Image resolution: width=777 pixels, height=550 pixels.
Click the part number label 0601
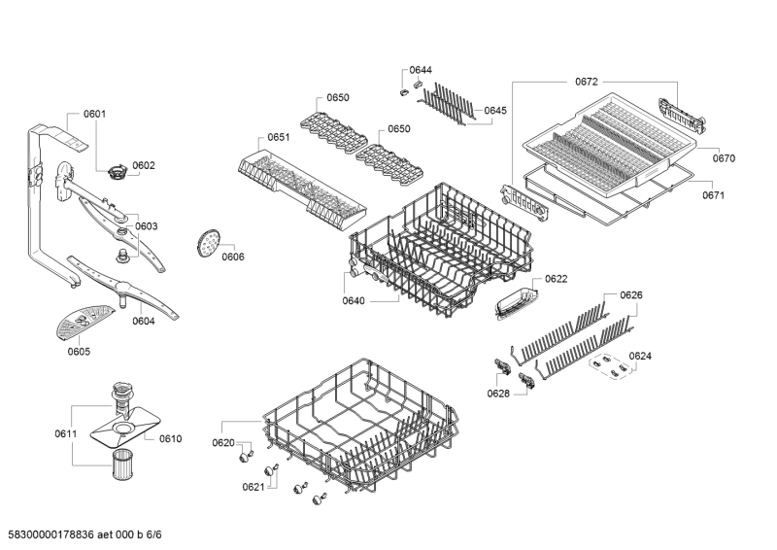click(x=94, y=115)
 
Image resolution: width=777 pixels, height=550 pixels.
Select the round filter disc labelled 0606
click(x=207, y=242)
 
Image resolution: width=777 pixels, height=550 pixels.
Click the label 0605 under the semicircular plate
click(x=79, y=351)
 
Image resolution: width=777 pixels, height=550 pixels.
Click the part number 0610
click(x=170, y=438)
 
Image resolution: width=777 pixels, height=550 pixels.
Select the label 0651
click(x=278, y=138)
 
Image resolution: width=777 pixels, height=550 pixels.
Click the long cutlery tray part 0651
click(x=301, y=185)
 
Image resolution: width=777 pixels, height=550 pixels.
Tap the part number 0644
click(x=421, y=71)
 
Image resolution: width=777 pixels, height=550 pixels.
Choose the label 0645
click(x=494, y=111)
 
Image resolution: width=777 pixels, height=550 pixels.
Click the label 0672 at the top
click(x=587, y=83)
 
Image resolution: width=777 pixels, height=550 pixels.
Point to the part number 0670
click(x=724, y=157)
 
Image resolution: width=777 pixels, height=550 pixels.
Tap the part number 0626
click(x=630, y=294)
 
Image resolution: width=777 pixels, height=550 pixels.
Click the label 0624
click(x=640, y=356)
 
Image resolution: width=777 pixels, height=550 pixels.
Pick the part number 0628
click(x=498, y=393)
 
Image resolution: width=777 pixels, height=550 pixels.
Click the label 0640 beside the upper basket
click(x=354, y=301)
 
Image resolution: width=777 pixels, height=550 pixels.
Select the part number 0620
click(x=223, y=443)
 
